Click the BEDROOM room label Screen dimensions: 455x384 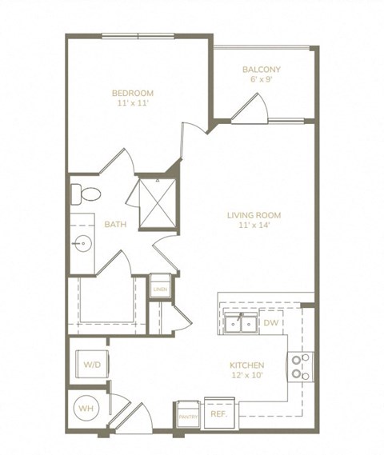132,93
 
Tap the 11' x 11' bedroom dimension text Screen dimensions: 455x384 132,104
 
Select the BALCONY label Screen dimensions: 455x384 262,70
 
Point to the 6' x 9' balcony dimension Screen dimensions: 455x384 262,81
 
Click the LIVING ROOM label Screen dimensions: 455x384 254,215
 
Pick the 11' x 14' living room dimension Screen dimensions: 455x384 254,226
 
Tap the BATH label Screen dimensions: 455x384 115,224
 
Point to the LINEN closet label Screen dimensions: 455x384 160,288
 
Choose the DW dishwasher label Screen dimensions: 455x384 270,323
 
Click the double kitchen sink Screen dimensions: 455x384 241,324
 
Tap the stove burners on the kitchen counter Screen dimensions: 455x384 302,366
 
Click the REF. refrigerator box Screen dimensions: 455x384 218,414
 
